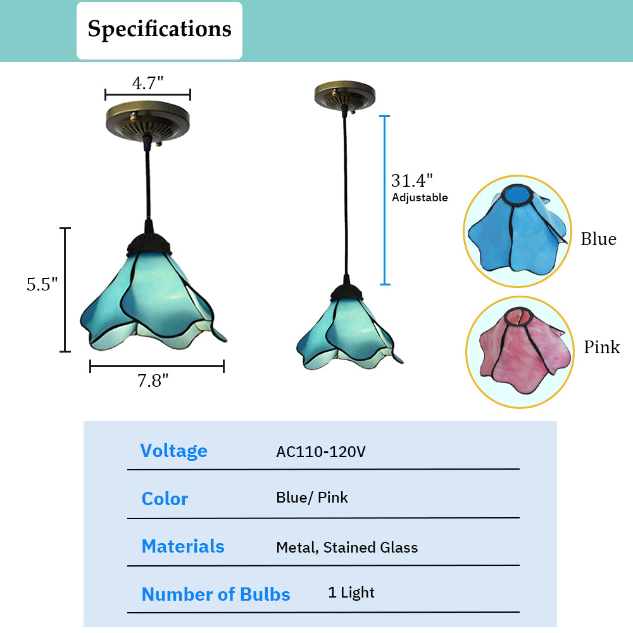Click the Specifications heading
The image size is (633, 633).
point(160,29)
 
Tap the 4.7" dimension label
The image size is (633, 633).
point(147,83)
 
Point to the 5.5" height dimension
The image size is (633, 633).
point(42,284)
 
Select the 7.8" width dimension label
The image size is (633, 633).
point(153,380)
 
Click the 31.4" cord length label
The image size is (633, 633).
point(412,180)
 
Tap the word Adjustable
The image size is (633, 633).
point(420,197)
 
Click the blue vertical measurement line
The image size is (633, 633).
point(385,200)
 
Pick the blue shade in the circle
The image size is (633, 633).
point(517,231)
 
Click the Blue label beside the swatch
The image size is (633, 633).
point(599,239)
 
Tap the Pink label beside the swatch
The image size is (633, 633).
point(602,347)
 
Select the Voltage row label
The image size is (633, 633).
point(173,451)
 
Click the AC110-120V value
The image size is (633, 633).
point(321,452)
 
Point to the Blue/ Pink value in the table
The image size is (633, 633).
point(311,498)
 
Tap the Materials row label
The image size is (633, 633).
point(183,546)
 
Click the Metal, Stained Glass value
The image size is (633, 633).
point(347,548)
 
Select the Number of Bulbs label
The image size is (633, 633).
point(216,594)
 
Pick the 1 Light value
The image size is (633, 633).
point(351,592)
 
